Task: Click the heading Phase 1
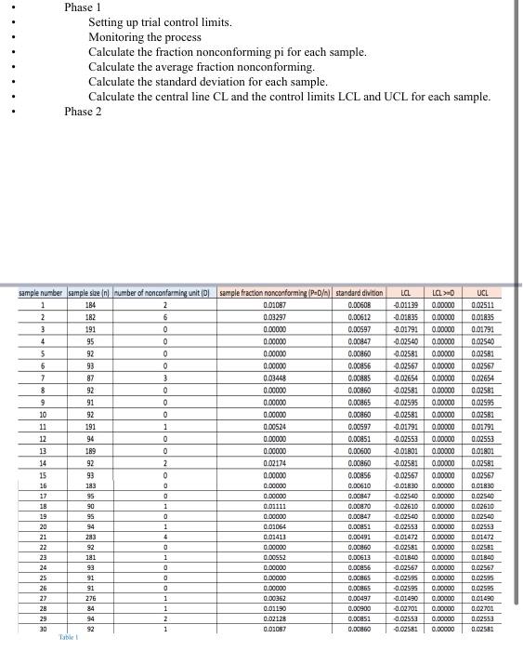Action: [x=83, y=7]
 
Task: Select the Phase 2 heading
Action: [x=83, y=112]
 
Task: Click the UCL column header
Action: [x=484, y=293]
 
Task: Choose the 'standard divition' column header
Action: [x=359, y=293]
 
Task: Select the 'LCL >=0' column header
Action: [x=445, y=293]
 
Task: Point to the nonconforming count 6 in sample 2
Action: [x=163, y=316]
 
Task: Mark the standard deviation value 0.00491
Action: [x=359, y=537]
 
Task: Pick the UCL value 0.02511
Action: [x=484, y=304]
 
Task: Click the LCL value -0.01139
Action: [x=406, y=304]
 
